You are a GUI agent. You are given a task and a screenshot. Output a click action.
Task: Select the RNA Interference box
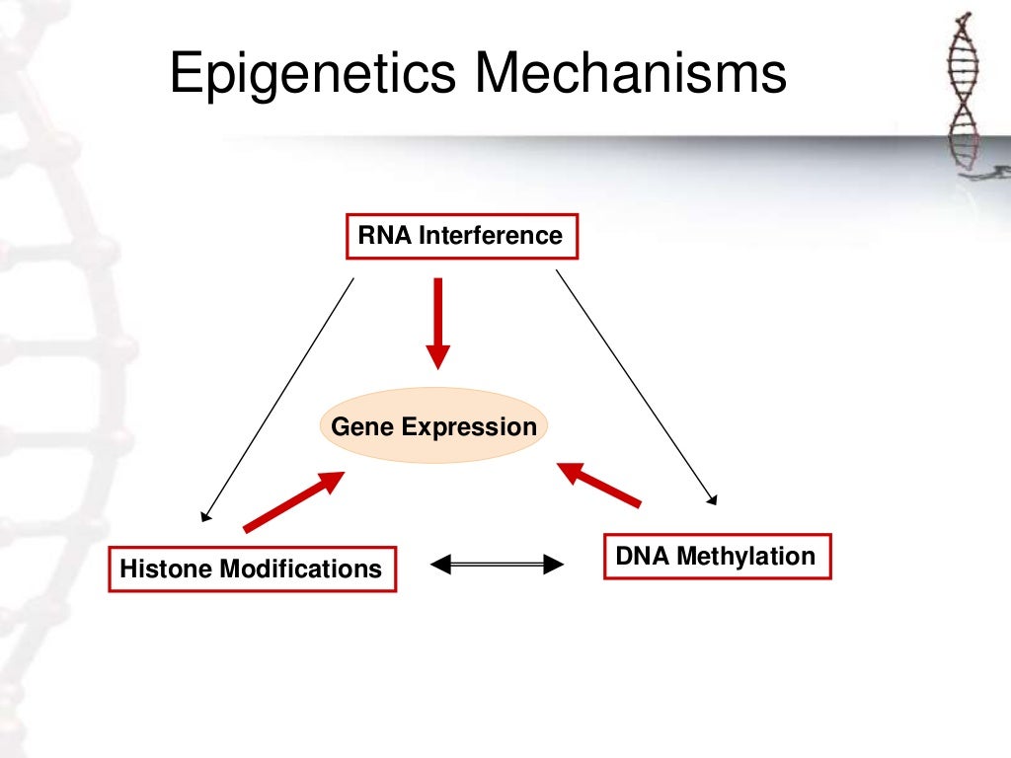tap(461, 237)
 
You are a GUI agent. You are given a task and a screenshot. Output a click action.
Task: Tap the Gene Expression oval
tap(433, 427)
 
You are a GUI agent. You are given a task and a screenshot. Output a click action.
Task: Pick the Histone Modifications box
tap(251, 569)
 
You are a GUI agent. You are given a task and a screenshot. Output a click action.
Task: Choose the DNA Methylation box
tap(716, 557)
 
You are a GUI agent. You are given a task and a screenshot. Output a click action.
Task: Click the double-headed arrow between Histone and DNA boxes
tap(498, 565)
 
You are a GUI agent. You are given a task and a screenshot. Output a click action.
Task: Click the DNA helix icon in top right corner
tap(967, 94)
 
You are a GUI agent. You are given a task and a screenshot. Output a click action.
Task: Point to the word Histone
tap(165, 569)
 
